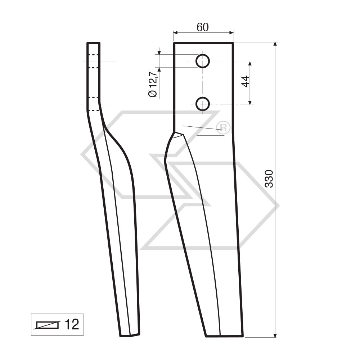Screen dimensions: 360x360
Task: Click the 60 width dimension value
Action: (203, 27)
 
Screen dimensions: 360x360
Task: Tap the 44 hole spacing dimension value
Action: (246, 81)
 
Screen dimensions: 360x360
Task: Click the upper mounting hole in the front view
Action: (203, 61)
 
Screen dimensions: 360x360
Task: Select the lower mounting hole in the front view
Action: (203, 104)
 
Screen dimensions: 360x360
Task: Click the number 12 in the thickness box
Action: (71, 325)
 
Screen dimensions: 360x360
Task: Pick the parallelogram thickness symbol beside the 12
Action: (47, 325)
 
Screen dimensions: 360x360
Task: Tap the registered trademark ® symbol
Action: (223, 127)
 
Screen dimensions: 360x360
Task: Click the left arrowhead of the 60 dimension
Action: (176, 32)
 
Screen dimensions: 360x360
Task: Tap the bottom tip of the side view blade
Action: (130, 336)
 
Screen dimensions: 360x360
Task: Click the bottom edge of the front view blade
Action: (224, 337)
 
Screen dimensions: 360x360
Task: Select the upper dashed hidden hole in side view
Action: (93, 61)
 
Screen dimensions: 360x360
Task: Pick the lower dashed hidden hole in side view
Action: (93, 104)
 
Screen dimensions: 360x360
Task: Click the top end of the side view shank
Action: (93, 43)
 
